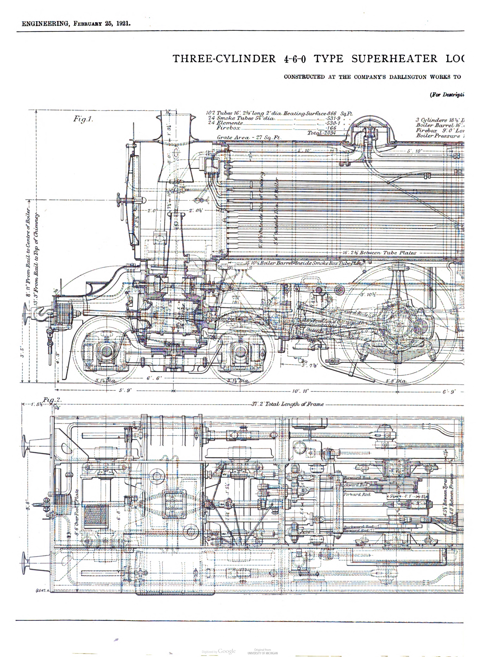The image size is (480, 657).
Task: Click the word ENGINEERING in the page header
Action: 45,24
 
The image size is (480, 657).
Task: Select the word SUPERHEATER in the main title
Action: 394,59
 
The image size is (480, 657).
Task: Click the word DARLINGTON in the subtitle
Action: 408,77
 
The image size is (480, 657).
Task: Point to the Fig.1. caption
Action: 83,119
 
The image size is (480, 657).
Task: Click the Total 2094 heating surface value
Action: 321,133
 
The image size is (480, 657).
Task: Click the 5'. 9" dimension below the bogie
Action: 125,391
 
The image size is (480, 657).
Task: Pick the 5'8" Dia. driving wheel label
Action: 396,381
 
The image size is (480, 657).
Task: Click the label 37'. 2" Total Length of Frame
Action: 287,404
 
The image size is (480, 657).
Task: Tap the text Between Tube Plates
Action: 387,253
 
